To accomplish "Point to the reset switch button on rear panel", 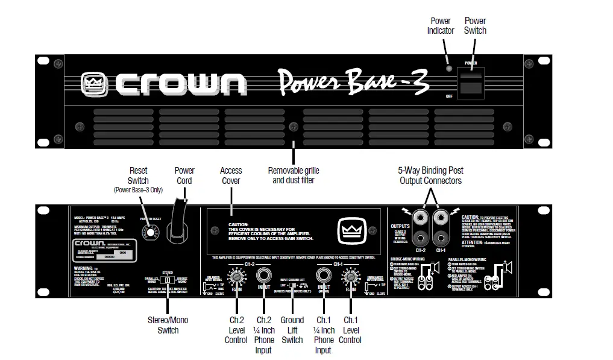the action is coord(147,233).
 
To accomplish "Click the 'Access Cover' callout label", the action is coord(231,175).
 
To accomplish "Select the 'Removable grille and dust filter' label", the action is coord(294,175).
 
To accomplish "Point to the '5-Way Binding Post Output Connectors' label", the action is coord(431,175).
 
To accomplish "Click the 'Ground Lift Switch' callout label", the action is coord(292,330).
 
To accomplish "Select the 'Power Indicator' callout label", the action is coord(441,26).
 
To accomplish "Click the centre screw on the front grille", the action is coord(294,127).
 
